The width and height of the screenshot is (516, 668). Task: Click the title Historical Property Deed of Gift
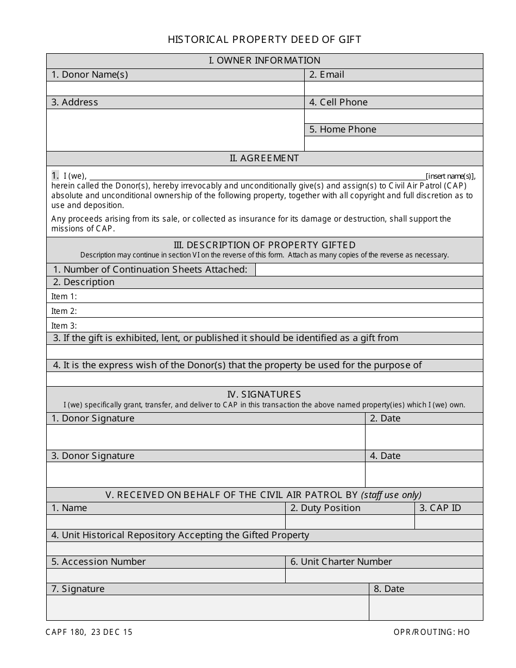tap(265, 39)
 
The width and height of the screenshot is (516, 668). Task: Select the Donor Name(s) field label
tap(90, 74)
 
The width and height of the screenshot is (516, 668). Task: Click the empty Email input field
tap(393, 89)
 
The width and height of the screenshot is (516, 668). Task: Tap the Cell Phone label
tap(338, 102)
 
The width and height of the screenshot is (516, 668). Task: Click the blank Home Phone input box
tap(393, 143)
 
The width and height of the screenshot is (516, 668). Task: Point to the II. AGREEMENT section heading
tap(265, 158)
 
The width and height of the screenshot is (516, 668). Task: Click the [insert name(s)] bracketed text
tap(450, 176)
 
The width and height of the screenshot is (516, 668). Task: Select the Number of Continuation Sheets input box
tap(369, 269)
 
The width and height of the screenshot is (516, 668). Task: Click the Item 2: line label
tap(64, 311)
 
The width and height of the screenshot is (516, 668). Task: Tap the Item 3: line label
tap(64, 326)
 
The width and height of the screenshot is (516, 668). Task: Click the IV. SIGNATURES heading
tap(265, 394)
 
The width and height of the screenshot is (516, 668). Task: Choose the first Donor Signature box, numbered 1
tap(205, 437)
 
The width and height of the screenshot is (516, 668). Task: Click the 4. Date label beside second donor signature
tap(385, 456)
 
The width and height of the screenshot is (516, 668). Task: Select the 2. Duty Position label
tap(325, 508)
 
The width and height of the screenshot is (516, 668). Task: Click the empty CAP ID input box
tap(449, 522)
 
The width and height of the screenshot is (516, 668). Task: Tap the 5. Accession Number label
tap(98, 562)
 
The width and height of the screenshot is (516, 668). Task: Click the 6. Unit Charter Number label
tap(341, 562)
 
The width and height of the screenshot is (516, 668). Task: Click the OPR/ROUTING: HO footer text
tap(432, 632)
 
